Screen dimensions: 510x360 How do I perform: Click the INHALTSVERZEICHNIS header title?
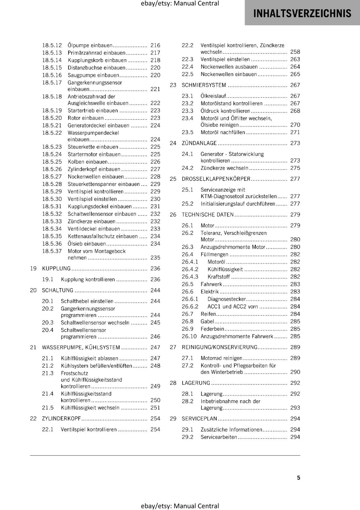(x=302, y=13)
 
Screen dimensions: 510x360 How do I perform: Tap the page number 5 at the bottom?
(x=299, y=477)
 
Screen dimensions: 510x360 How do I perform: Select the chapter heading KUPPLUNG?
(x=56, y=268)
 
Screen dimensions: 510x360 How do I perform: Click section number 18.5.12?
(x=52, y=45)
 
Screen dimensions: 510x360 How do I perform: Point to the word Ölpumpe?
(x=78, y=45)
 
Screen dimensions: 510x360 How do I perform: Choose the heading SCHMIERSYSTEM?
(x=204, y=85)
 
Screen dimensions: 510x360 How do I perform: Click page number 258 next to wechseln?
(x=295, y=52)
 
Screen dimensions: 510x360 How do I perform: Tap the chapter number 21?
(x=33, y=347)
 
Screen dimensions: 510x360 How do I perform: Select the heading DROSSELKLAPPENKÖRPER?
(x=216, y=179)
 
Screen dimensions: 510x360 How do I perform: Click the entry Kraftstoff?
(x=219, y=277)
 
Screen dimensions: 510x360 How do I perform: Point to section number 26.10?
(x=189, y=336)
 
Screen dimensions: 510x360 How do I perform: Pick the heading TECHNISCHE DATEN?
(x=207, y=215)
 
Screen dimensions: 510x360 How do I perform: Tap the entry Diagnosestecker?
(x=227, y=299)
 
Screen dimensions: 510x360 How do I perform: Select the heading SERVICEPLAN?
(x=199, y=419)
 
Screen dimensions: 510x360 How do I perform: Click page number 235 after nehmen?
(x=155, y=258)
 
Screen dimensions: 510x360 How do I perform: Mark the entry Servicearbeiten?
(x=219, y=437)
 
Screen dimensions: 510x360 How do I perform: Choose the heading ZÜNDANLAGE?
(x=199, y=143)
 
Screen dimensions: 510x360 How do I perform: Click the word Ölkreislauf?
(x=213, y=96)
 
